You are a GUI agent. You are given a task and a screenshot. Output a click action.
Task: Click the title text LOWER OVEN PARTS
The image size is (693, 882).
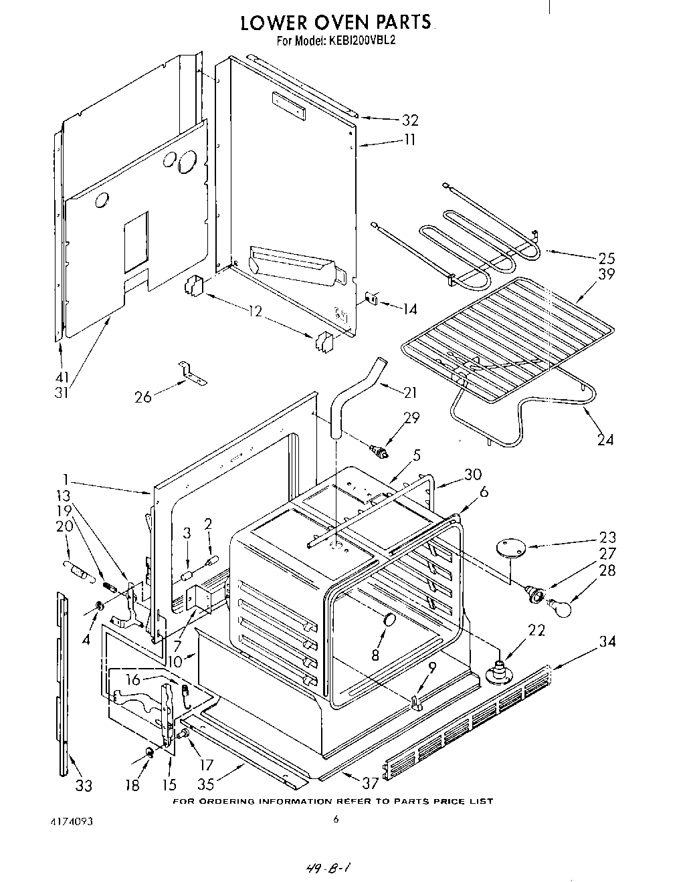pos(335,22)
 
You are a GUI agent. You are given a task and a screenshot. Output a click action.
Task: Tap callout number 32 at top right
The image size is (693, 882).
pos(409,120)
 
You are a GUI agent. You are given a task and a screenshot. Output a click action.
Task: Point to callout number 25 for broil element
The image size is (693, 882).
pos(606,258)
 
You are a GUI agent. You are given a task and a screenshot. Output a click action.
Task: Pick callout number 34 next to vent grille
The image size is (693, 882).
pos(607,642)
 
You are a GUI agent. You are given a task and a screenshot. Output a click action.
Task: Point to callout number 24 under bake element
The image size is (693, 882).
pos(605,439)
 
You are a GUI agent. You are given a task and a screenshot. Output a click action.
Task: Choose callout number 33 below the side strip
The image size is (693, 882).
pos(83,786)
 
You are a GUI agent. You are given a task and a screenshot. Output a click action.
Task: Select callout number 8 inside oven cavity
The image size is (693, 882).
pos(375,656)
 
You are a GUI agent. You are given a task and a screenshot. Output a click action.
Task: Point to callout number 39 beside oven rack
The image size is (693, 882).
pos(606,274)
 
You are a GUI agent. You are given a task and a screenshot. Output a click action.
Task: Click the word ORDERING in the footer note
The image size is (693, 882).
pos(226,801)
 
